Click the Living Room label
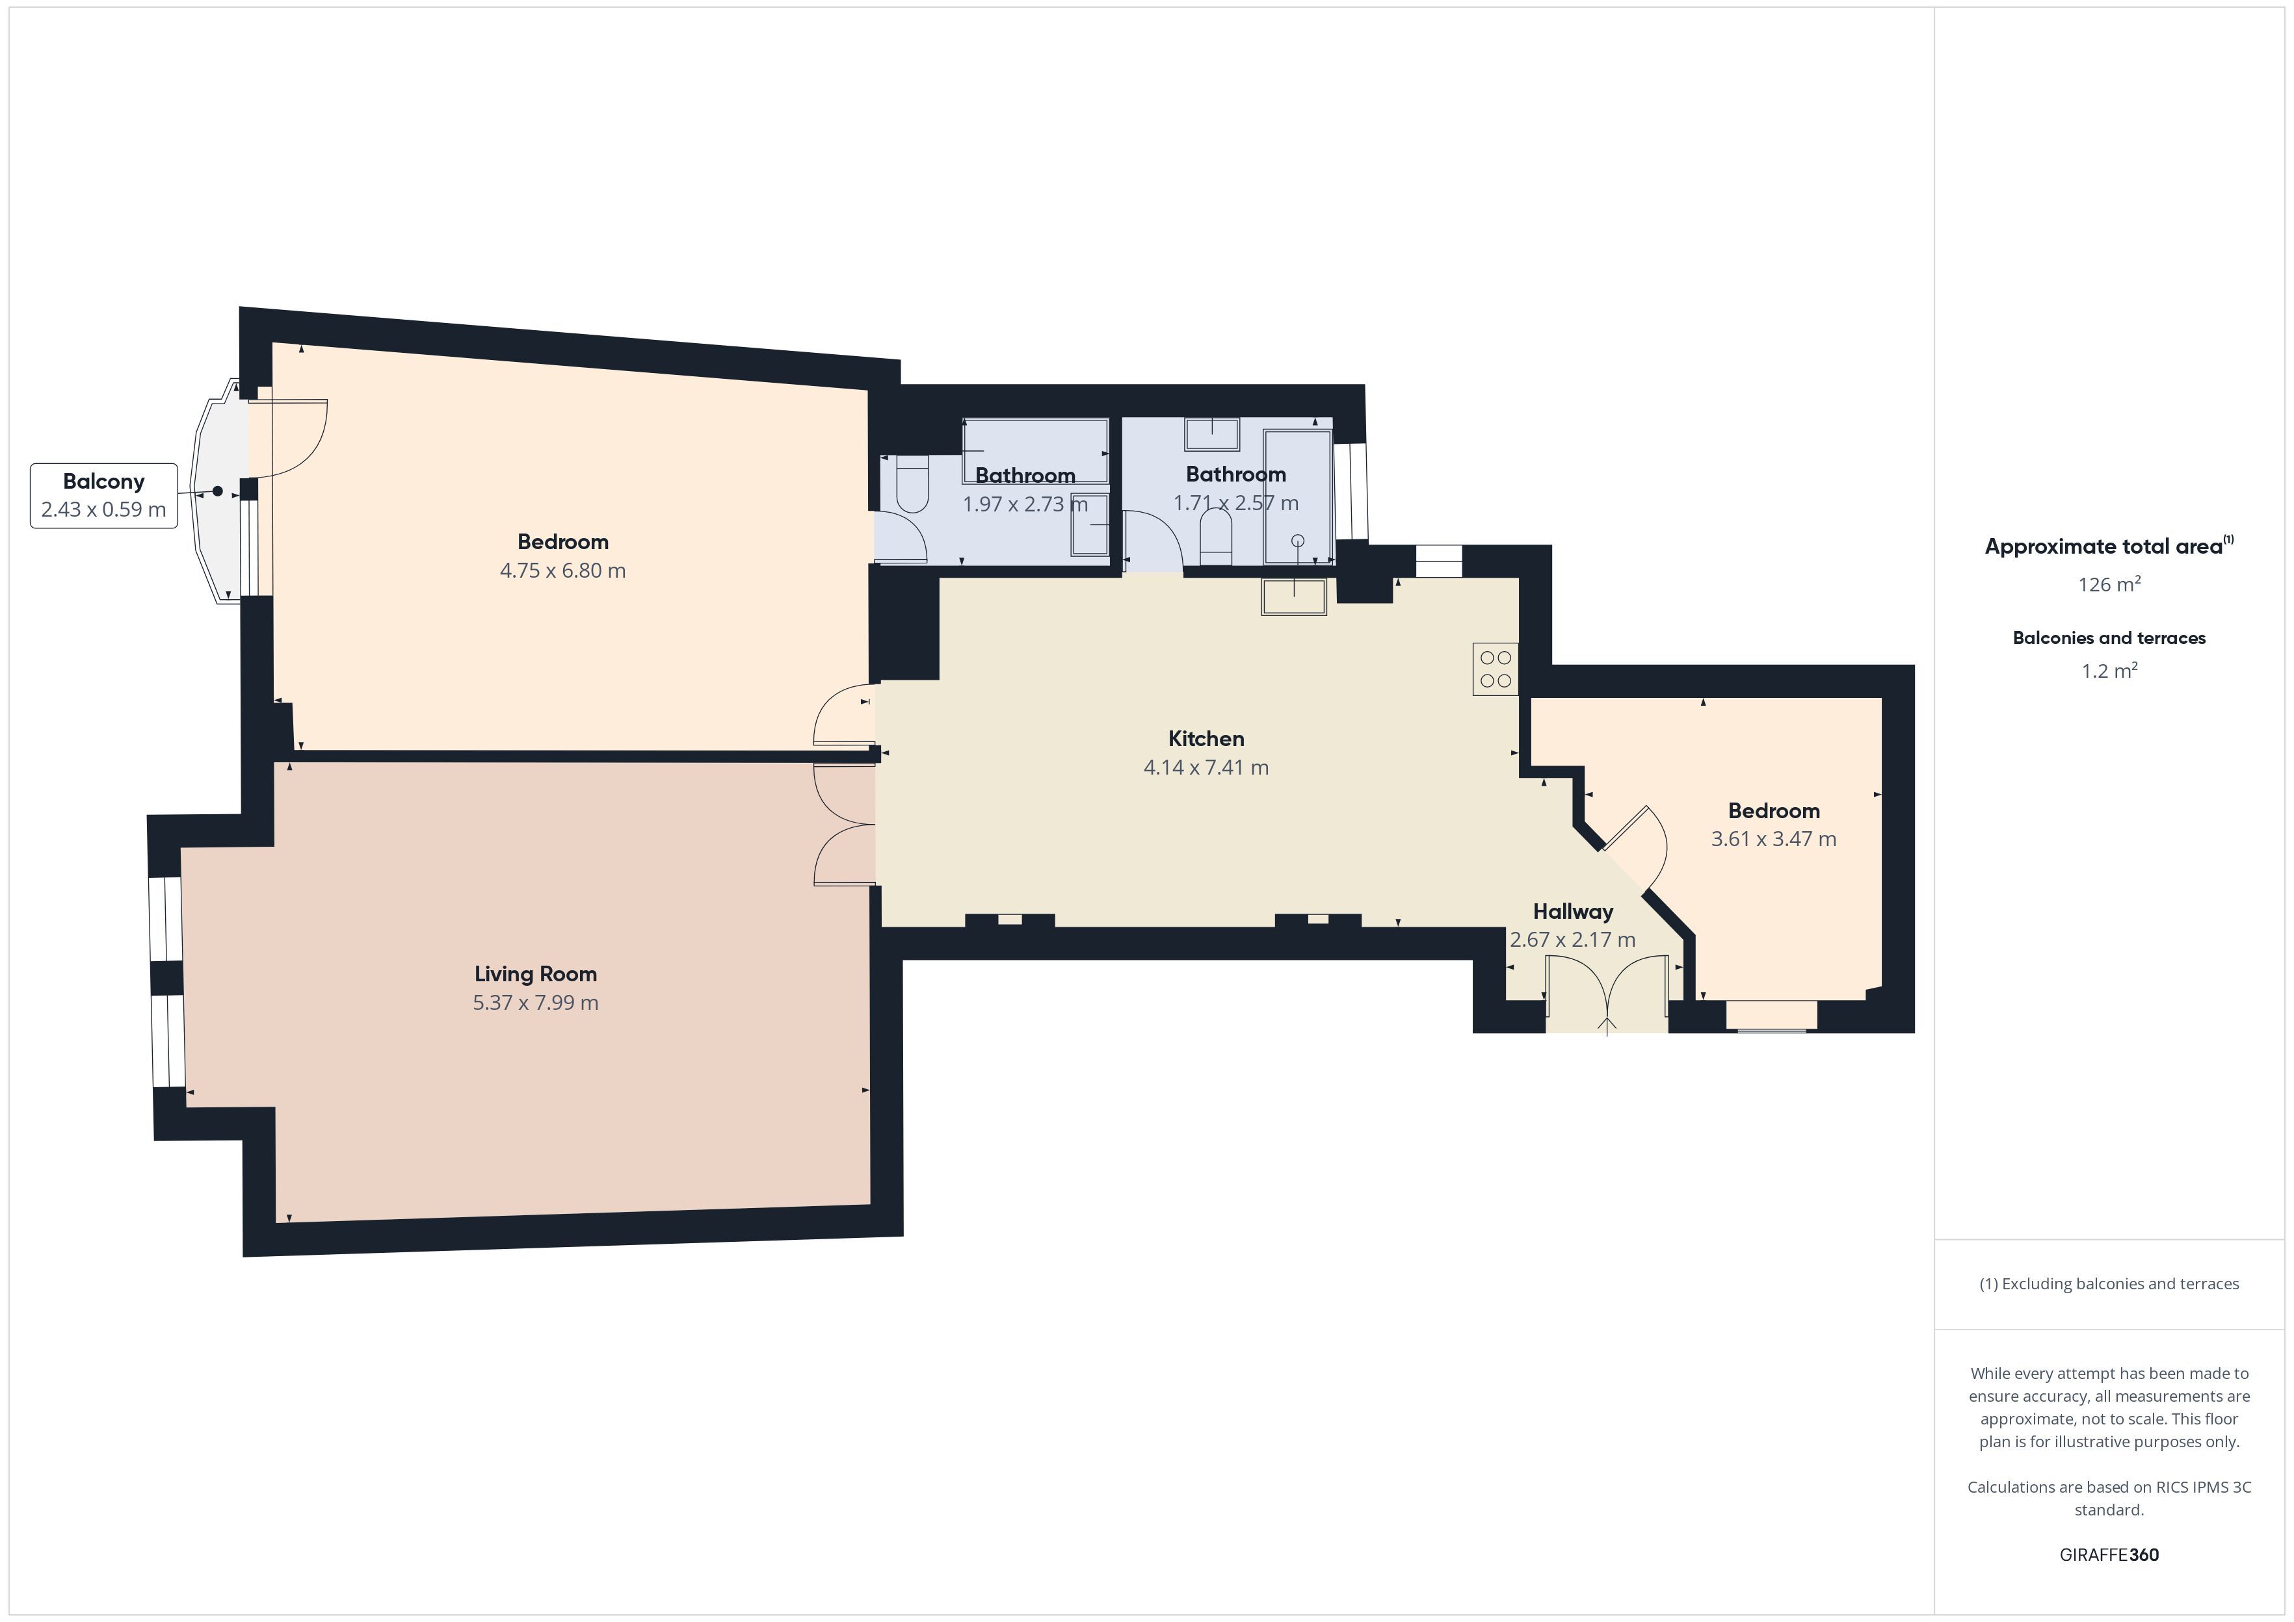(536, 974)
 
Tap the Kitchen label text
(1206, 739)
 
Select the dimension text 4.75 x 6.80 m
(562, 571)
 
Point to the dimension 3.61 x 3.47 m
(1773, 839)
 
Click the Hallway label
(1573, 912)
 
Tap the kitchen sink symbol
(1294, 597)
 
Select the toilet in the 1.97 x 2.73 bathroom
(913, 484)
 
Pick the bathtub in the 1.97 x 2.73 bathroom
(1035, 452)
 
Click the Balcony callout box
(104, 495)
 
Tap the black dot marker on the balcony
(218, 491)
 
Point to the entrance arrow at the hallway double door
(1607, 1027)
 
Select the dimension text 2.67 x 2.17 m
(1573, 940)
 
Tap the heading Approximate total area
(2103, 547)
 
